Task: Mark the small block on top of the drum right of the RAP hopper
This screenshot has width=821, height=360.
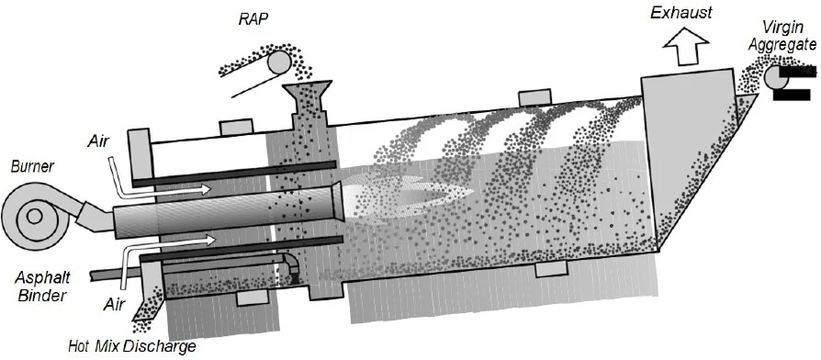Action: pyautogui.click(x=534, y=97)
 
